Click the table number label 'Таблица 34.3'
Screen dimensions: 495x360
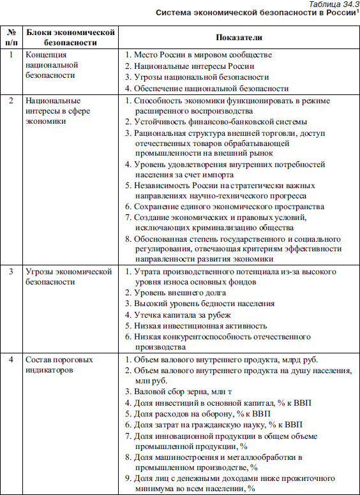tap(332, 4)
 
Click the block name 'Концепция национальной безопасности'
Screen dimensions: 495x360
tap(51, 65)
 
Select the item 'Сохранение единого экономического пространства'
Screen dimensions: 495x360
tap(229, 207)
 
